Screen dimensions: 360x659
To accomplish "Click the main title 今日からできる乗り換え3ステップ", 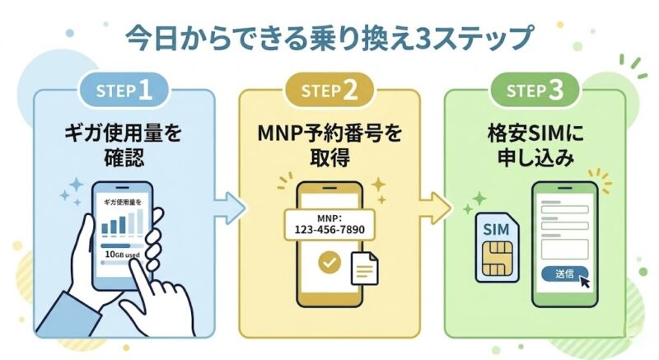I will tap(329, 37).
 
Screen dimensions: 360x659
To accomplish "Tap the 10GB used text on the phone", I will tap(123, 255).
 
